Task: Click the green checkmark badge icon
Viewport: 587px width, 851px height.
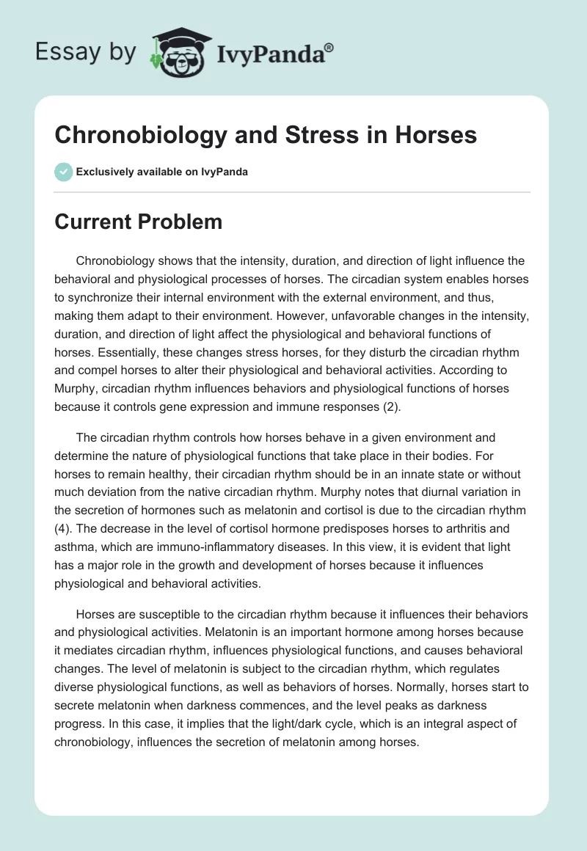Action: coord(63,172)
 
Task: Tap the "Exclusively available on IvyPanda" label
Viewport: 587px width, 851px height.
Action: coord(161,172)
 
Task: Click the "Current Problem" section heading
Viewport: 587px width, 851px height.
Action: coord(138,222)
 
